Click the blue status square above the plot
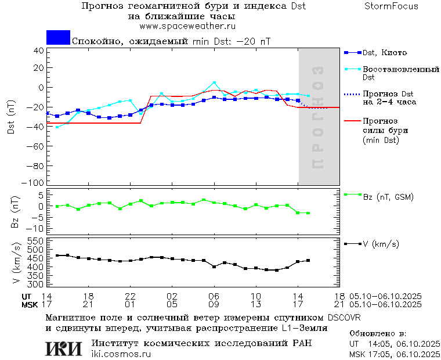[58, 38]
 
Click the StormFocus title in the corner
[391, 6]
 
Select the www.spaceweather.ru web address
[187, 26]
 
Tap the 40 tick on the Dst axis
[39, 51]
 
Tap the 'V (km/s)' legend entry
[380, 244]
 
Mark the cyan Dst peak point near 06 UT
[214, 82]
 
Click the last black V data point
[308, 261]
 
